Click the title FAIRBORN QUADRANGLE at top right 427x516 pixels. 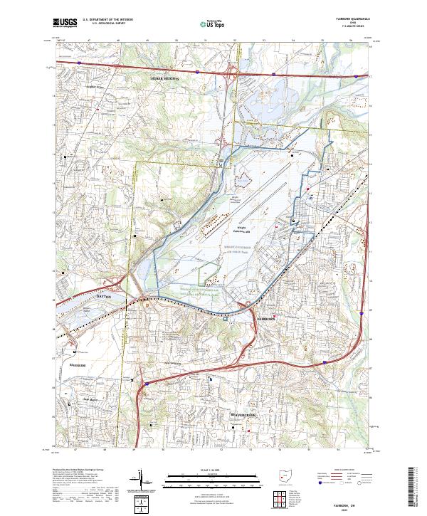point(349,19)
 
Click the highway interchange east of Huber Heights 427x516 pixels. point(231,70)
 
